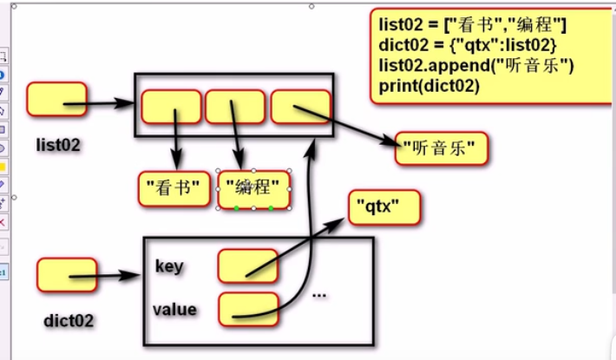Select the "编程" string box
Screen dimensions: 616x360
[x=253, y=187]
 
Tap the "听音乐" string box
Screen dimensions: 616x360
[x=442, y=148]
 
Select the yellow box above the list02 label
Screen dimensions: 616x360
[x=56, y=99]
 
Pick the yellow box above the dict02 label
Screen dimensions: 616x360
[x=66, y=274]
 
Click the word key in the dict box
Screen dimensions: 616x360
[x=169, y=266]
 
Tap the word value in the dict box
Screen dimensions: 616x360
[x=174, y=309]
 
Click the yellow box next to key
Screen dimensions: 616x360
[x=248, y=266]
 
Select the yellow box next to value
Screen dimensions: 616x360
[x=248, y=309]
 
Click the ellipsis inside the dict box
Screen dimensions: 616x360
[x=319, y=295]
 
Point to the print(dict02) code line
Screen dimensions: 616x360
[x=430, y=87]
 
